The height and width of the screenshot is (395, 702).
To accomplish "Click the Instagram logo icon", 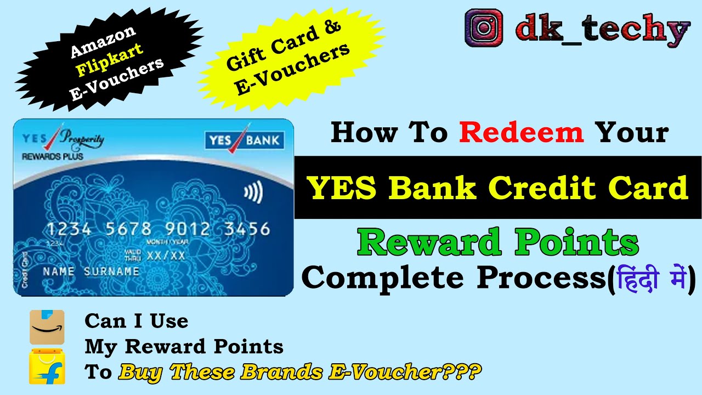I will click(x=484, y=28).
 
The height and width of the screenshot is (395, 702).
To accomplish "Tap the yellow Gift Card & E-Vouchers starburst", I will click(x=288, y=60).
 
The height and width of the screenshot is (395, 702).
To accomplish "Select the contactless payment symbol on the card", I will click(x=253, y=193).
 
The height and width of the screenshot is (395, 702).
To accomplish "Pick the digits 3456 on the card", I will click(x=247, y=229).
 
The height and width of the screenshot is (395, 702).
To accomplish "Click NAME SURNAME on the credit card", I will click(x=91, y=272).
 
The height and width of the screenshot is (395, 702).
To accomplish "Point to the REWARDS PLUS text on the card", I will click(x=52, y=156).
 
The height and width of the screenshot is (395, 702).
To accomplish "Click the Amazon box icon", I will click(x=47, y=327).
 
